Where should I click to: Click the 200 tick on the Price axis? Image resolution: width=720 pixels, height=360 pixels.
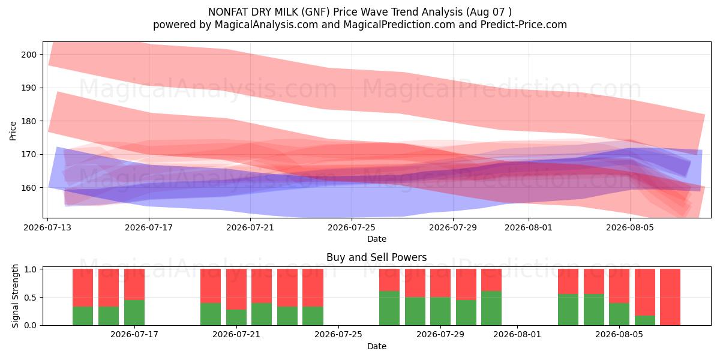[x=29, y=55]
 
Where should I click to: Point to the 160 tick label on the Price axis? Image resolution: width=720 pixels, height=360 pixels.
[x=29, y=188]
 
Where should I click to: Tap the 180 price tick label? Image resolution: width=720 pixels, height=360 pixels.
[x=29, y=121]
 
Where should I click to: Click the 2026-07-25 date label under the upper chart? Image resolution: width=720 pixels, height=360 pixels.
[x=352, y=227]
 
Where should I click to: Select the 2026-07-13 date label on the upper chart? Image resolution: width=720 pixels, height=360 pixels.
[x=47, y=227]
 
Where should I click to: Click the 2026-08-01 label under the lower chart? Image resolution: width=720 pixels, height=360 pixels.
[x=517, y=335]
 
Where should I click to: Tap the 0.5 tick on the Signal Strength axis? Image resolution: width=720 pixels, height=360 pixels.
[x=30, y=298]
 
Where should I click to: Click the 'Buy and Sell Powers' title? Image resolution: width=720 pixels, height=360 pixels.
[x=376, y=257]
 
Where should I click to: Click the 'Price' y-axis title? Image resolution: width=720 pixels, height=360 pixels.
[x=13, y=131]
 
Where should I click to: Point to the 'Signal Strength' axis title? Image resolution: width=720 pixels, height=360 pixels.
[x=15, y=296]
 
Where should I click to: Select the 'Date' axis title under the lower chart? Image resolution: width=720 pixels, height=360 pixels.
[x=377, y=347]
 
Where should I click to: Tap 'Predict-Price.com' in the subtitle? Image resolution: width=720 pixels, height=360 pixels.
[x=524, y=25]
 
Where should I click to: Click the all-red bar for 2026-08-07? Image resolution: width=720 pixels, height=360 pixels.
[x=670, y=297]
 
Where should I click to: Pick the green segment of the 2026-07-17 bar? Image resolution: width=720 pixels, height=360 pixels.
[x=134, y=313]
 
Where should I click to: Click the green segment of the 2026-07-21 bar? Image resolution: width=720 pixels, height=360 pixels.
[x=236, y=317]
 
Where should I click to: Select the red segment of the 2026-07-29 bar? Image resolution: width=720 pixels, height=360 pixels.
[x=440, y=283]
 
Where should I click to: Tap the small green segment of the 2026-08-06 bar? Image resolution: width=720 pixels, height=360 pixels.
[x=645, y=320]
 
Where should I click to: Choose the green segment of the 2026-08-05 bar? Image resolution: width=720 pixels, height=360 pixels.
[x=619, y=314]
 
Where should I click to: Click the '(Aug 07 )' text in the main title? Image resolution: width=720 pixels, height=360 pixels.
[x=488, y=12]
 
